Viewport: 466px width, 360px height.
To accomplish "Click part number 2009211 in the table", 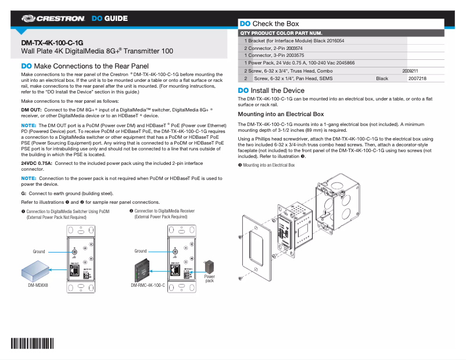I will click(410, 70).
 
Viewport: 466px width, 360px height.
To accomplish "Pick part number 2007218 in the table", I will click(417, 78).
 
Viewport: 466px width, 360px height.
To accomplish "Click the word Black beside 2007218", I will click(382, 78).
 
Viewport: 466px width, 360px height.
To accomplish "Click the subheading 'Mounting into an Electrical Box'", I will click(281, 114).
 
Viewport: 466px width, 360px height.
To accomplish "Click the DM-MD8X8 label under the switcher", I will click(38, 286).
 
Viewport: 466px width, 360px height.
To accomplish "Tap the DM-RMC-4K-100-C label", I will click(148, 286).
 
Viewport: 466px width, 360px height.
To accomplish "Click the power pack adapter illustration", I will click(209, 267).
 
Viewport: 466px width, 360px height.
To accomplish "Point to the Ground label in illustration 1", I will click(38, 251).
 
